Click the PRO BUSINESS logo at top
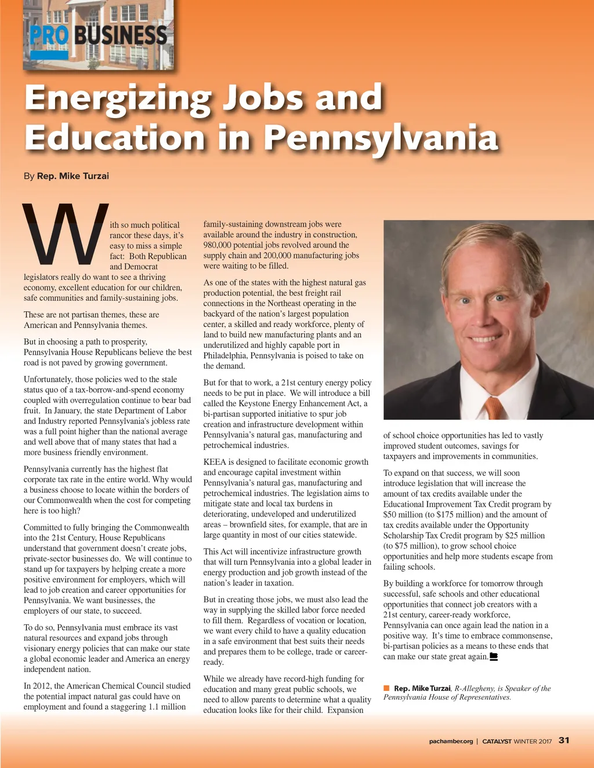(99, 36)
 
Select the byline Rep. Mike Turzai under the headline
(73, 176)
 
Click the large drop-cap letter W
(65, 234)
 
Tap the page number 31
(564, 740)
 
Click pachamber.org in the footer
(451, 741)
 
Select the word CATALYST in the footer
(497, 741)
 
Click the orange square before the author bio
(386, 688)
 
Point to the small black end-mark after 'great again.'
(494, 657)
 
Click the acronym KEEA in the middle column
(215, 462)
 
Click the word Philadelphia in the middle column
(225, 355)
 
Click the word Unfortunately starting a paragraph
(48, 380)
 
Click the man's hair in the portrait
(493, 243)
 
